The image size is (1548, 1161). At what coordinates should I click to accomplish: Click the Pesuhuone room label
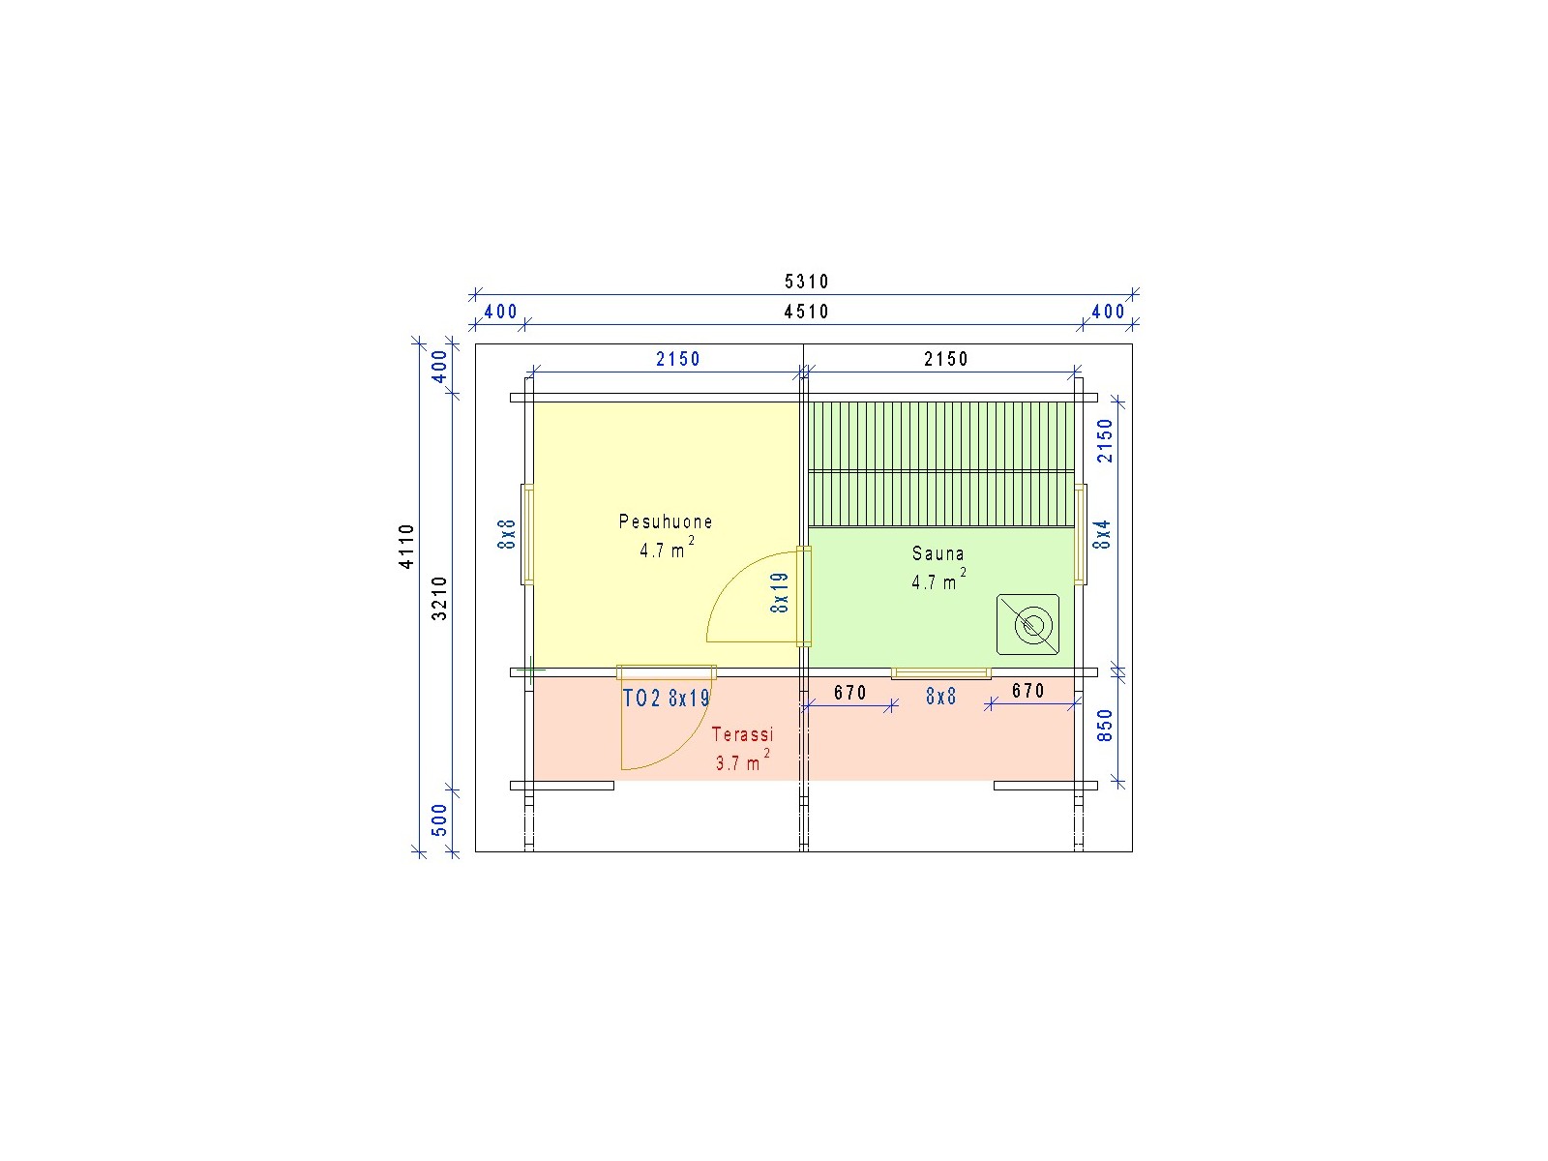(665, 521)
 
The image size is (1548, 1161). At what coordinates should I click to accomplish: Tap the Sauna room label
(938, 553)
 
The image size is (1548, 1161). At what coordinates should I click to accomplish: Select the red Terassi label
(742, 734)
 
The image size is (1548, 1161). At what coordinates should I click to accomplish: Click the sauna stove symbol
(1027, 625)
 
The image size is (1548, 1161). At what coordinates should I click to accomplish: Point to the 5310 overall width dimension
(807, 282)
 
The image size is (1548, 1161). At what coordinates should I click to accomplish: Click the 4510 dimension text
(807, 312)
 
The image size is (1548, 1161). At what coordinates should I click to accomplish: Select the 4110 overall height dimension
(407, 547)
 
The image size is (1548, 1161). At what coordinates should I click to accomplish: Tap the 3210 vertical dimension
(439, 599)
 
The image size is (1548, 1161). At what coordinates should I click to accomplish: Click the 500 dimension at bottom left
(439, 819)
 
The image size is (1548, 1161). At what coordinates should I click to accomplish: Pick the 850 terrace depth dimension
(1105, 726)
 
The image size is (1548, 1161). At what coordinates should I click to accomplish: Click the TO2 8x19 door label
(666, 698)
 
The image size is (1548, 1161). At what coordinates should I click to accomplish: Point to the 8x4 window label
(1102, 534)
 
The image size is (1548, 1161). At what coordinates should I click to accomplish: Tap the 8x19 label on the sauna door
(779, 593)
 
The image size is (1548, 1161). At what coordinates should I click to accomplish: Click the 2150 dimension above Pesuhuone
(678, 360)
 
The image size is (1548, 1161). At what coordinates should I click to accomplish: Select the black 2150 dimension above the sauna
(946, 360)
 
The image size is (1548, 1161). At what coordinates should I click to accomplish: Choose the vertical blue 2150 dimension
(1105, 440)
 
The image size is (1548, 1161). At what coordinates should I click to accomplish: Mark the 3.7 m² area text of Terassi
(743, 760)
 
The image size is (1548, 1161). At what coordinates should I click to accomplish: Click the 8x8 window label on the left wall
(507, 534)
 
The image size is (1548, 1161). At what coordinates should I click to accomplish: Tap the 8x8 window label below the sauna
(940, 697)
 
